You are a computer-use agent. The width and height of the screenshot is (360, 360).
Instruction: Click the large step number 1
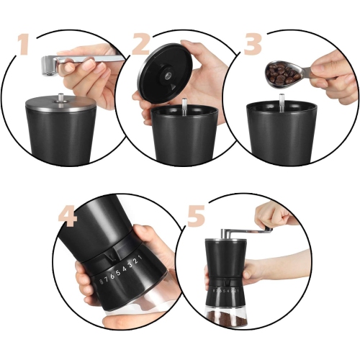24,45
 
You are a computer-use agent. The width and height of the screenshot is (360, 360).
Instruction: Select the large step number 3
253,44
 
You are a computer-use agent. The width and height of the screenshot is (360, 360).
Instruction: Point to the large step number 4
68,217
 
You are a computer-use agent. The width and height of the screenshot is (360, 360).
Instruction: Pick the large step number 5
197,216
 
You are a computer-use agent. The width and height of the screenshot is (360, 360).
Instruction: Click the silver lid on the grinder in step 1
60,104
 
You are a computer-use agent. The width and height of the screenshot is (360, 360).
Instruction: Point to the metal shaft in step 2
184,107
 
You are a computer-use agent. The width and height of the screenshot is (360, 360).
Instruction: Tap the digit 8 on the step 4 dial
102,282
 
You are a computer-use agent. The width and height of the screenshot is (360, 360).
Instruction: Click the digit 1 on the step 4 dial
140,258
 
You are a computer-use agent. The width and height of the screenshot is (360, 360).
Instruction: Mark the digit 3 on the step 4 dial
130,265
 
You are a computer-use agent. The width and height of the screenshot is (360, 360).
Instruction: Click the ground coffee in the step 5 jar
226,318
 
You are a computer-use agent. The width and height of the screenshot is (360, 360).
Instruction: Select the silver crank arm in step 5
246,231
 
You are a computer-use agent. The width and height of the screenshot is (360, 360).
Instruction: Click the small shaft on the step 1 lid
61,97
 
